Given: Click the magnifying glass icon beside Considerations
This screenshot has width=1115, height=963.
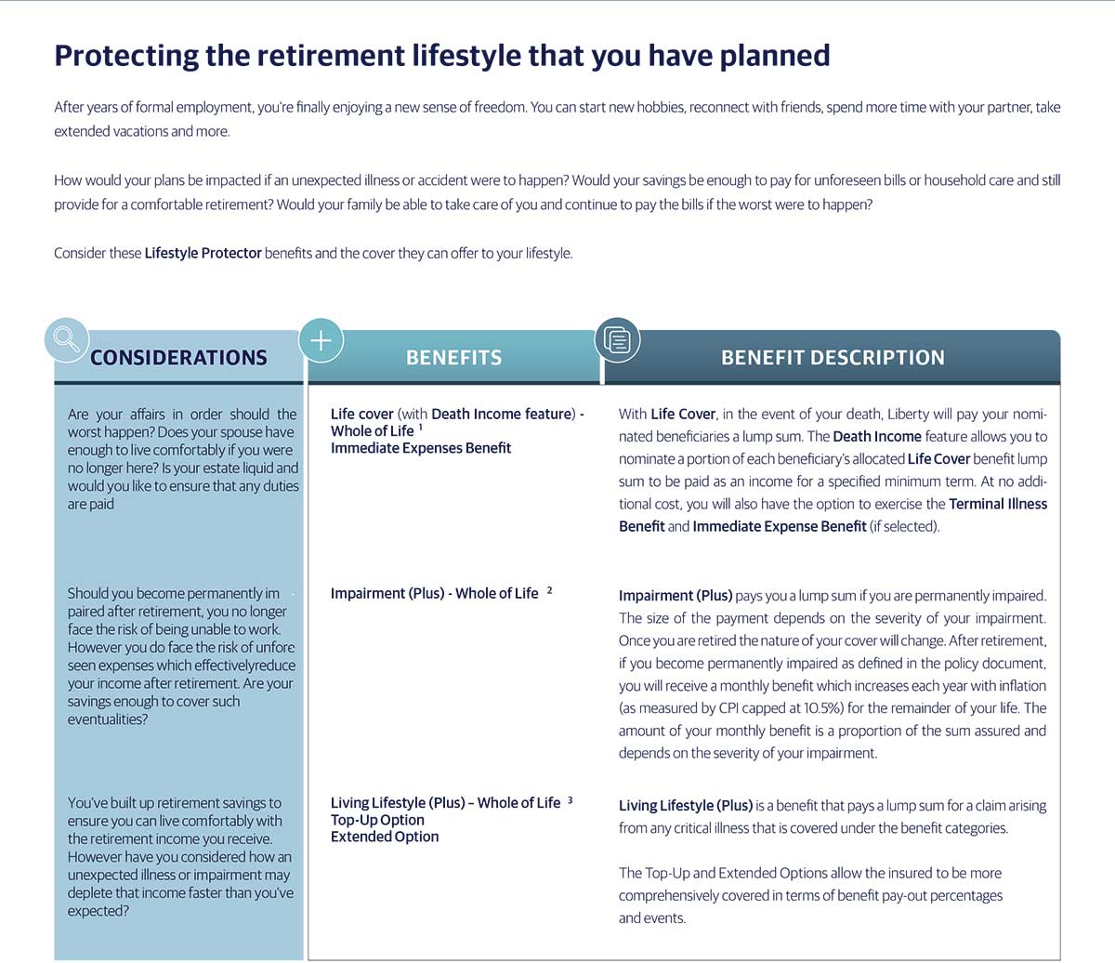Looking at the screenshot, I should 66,339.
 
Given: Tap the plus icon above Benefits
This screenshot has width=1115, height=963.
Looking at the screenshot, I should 321,340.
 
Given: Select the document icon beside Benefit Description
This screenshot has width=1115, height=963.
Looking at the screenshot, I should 617,340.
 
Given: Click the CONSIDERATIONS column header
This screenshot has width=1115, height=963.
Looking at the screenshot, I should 178,358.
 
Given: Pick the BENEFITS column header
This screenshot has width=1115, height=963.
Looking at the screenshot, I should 453,358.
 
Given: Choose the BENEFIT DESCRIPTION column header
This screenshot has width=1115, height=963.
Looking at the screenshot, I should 833,358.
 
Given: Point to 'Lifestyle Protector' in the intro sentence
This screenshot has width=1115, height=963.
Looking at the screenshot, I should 203,253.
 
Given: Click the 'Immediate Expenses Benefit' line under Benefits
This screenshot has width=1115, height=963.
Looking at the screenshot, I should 421,448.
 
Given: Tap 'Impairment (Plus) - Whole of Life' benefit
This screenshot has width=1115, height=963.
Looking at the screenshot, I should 434,593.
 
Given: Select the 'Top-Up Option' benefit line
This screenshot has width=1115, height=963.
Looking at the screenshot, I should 377,820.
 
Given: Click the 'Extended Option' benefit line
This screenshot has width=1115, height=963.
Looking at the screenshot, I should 385,837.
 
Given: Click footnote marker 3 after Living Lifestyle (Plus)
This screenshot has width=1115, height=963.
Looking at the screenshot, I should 570,799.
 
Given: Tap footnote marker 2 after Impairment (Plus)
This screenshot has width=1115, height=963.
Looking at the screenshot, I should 549,589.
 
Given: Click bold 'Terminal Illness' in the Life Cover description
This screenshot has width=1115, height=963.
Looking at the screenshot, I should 998,504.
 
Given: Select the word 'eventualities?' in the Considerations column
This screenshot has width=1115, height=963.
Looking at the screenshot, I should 107,719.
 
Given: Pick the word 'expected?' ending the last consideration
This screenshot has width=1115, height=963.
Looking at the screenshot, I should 98,911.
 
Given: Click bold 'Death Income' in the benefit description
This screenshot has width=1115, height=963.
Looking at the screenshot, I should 877,437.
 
